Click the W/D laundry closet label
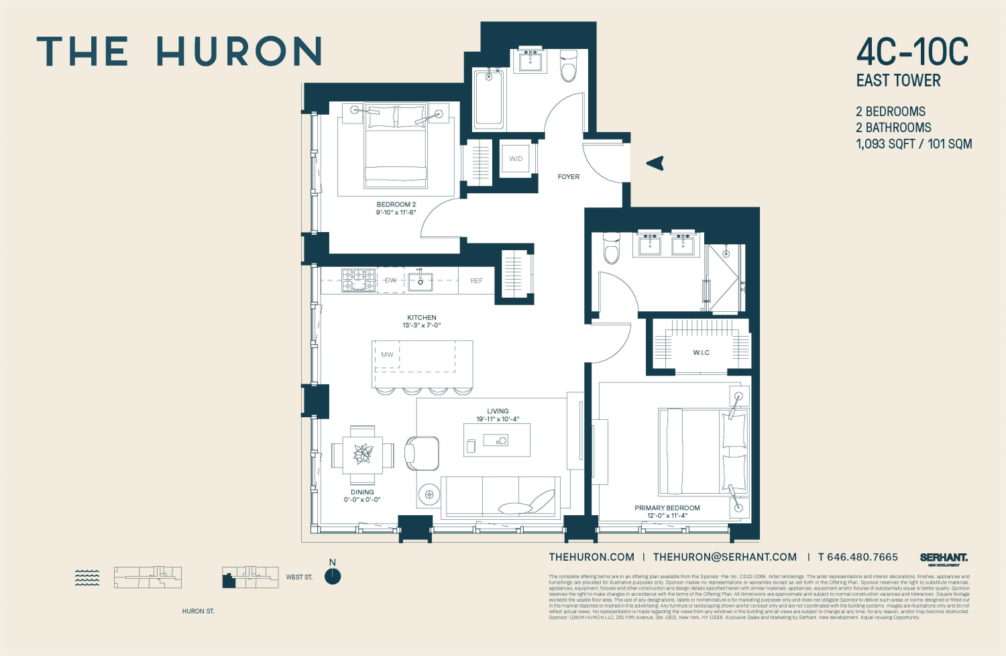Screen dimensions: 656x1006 tap(516, 159)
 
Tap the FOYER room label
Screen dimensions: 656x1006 tap(568, 177)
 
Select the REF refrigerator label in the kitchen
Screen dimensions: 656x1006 tap(476, 281)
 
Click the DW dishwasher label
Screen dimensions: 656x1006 tap(390, 280)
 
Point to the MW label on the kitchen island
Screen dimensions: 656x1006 tap(387, 354)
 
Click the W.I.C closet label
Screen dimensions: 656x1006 tap(701, 353)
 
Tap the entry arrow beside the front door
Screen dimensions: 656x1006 tap(655, 163)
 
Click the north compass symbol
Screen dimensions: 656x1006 tap(333, 576)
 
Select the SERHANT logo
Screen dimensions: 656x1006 tap(944, 558)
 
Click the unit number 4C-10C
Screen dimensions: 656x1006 tap(912, 52)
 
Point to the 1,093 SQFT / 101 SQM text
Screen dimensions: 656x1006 tap(913, 144)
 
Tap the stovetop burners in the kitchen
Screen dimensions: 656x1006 tap(359, 280)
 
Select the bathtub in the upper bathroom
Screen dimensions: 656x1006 tap(489, 98)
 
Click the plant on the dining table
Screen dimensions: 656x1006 tap(363, 454)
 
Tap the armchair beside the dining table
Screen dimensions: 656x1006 tap(422, 453)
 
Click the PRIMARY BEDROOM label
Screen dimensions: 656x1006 tap(667, 508)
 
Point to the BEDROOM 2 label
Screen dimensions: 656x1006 tap(396, 205)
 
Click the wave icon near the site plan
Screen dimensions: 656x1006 tap(87, 578)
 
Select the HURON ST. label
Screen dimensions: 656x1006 tap(198, 611)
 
